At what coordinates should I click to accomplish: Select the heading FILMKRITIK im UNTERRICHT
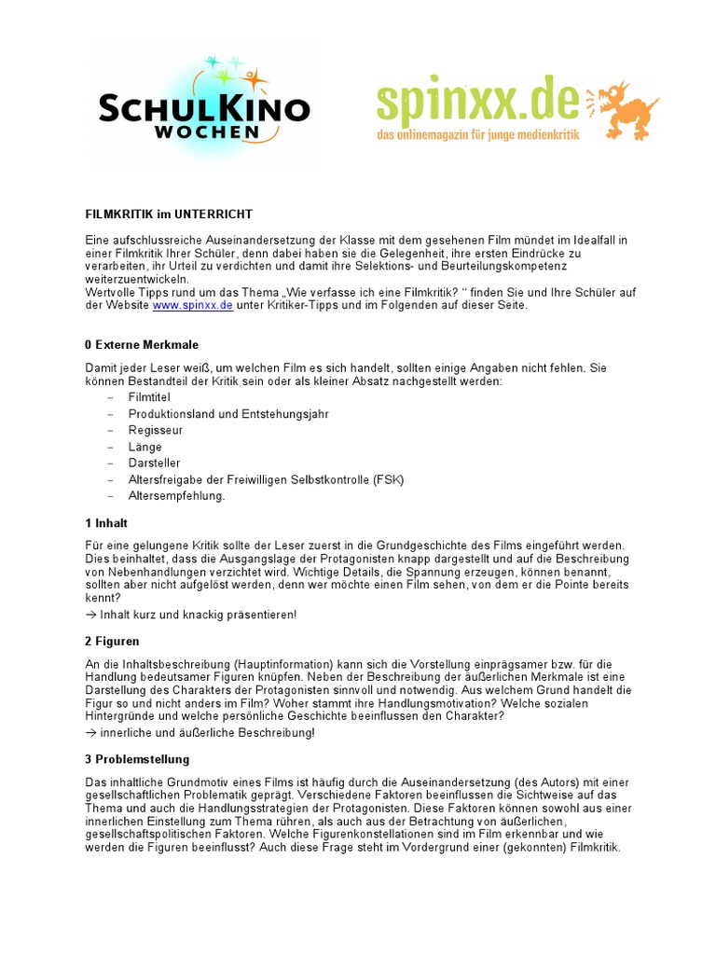tap(169, 214)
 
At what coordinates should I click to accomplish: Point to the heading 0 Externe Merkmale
tap(142, 344)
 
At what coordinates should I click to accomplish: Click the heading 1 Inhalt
tap(106, 522)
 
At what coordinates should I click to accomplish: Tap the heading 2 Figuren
tap(112, 643)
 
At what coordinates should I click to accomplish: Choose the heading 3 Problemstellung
tap(137, 759)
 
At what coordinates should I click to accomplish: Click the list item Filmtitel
tap(149, 397)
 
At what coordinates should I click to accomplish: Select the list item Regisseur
tap(156, 430)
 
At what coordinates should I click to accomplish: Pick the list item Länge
tap(145, 447)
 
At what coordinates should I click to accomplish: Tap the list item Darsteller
tap(155, 463)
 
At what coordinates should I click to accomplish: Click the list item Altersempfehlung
tap(177, 496)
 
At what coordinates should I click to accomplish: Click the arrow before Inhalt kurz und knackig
tap(90, 615)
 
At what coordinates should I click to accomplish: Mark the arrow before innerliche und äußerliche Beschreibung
tap(90, 732)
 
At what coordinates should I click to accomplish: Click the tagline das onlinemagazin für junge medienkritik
tap(477, 136)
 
